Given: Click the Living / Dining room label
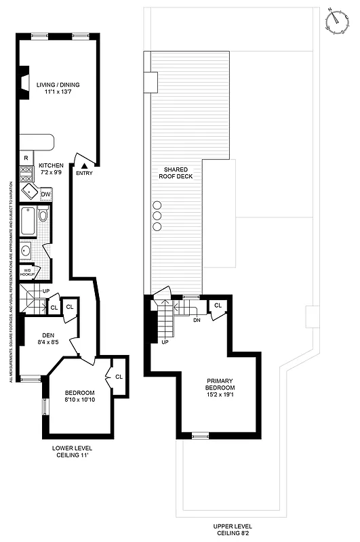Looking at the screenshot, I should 58,88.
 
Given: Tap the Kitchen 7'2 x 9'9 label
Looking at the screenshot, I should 52,169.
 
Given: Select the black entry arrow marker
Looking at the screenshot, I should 84,165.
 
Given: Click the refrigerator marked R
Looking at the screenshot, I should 26,158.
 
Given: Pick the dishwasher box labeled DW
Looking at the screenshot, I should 45,194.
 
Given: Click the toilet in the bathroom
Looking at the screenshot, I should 43,216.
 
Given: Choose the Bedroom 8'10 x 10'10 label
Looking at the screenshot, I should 79,397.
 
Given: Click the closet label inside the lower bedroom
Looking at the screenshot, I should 119,376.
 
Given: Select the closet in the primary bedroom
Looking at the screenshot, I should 218,306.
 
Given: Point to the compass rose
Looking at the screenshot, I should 335,21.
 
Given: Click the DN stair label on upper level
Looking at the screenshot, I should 197,320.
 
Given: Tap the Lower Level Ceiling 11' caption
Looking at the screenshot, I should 73,452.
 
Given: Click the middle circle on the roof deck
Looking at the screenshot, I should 157,216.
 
